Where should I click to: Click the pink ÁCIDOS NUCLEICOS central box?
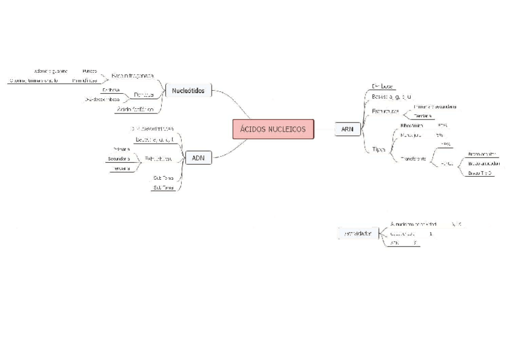click(272, 129)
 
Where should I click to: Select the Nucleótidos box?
click(188, 91)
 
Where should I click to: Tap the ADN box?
click(198, 158)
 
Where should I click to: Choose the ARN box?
click(347, 129)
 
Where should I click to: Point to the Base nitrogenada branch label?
click(132, 76)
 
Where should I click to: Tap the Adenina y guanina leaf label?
click(51, 71)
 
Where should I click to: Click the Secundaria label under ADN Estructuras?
click(118, 159)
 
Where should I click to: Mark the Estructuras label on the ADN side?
click(158, 159)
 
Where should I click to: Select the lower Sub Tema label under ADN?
click(164, 188)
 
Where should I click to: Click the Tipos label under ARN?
click(379, 149)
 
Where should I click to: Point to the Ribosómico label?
click(412, 126)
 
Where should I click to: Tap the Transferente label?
click(413, 159)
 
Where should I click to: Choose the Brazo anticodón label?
click(484, 163)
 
